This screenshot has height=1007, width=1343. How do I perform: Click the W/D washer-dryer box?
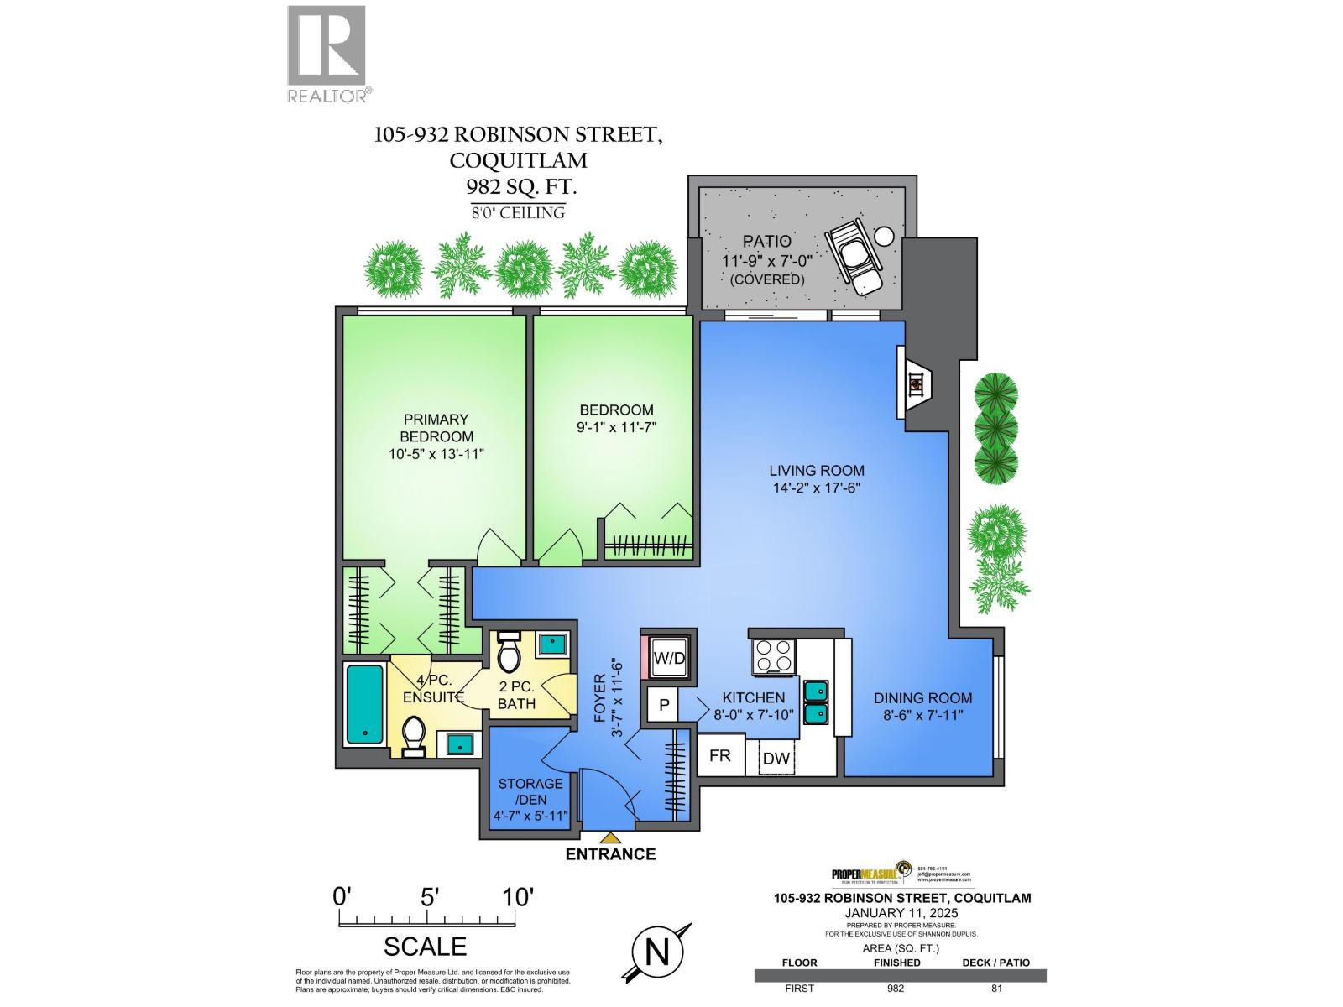click(669, 658)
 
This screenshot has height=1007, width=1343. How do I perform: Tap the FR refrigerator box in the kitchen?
click(719, 755)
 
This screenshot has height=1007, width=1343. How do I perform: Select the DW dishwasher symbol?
click(776, 759)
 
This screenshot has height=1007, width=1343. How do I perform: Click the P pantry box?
click(663, 705)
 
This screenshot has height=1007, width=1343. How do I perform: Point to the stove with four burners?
click(774, 656)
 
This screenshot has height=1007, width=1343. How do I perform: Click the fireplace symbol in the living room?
click(917, 384)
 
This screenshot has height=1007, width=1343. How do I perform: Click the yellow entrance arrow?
click(611, 837)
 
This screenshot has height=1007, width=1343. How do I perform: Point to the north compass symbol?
click(657, 952)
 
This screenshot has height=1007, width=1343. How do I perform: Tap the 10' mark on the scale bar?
click(518, 897)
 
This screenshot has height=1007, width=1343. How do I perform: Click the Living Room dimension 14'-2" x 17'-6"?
click(817, 488)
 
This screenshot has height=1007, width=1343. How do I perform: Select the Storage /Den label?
click(530, 791)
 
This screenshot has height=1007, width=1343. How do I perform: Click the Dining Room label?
click(922, 697)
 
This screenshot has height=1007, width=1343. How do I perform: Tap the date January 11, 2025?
click(901, 912)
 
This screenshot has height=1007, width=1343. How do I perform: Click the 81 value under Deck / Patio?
click(996, 988)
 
